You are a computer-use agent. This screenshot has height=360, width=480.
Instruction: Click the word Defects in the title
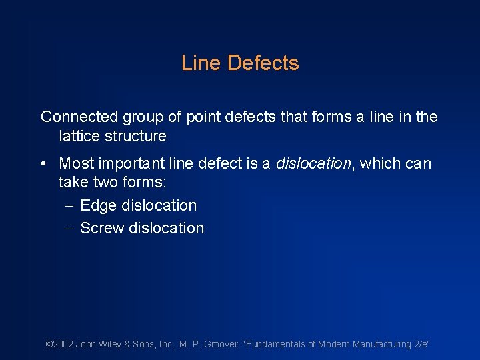(263, 63)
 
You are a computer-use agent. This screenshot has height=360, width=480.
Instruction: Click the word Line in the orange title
(201, 63)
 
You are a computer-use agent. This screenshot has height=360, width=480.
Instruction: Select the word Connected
(79, 117)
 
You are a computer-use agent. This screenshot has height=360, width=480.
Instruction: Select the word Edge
(98, 205)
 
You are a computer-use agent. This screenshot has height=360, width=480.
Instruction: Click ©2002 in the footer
(59, 344)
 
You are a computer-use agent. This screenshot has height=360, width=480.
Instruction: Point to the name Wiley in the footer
(112, 344)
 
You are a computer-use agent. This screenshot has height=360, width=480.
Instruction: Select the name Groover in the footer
(221, 344)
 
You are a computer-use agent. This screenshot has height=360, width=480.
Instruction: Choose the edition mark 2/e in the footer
(421, 344)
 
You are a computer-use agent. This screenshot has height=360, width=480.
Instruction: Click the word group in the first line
(143, 117)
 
